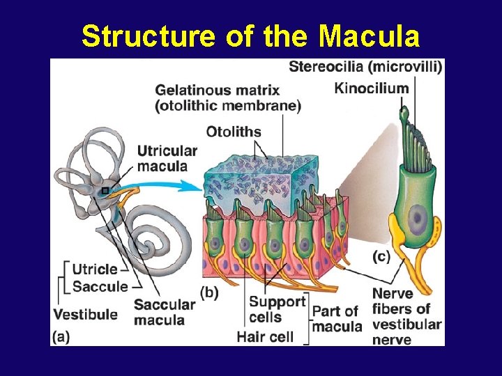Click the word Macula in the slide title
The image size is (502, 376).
click(x=369, y=36)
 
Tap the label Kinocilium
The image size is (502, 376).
click(x=371, y=88)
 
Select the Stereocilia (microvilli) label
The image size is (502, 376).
click(x=365, y=67)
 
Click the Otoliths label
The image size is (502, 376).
click(x=234, y=132)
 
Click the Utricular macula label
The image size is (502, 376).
click(x=167, y=159)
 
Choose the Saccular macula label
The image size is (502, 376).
click(x=164, y=312)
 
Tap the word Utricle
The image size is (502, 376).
click(x=95, y=269)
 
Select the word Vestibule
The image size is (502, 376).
click(x=85, y=314)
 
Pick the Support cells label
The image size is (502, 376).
click(x=277, y=309)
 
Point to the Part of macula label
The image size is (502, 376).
click(x=337, y=318)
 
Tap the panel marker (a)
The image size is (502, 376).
click(x=61, y=336)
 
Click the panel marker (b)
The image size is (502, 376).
click(x=209, y=292)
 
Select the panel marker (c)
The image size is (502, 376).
click(x=381, y=256)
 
